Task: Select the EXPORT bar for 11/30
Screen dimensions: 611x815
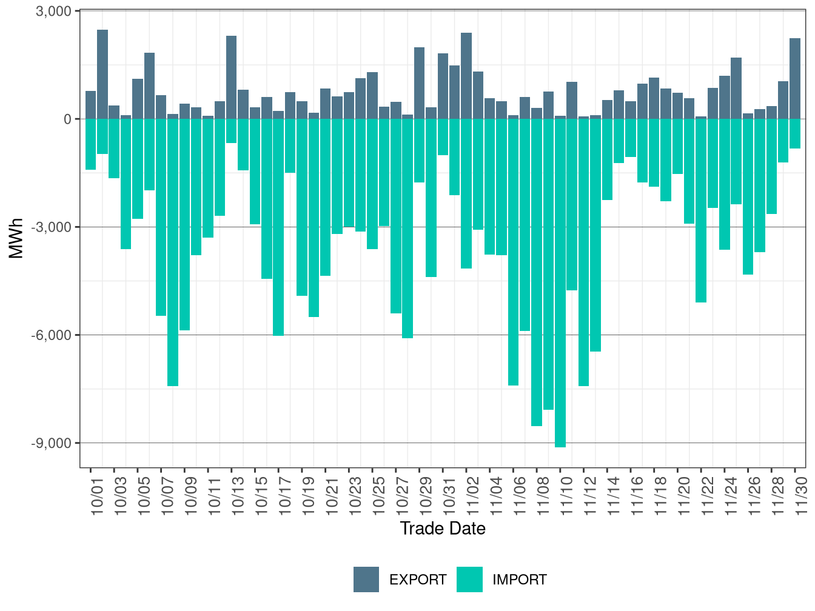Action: tap(795, 79)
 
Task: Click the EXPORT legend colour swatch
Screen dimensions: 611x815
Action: tap(366, 579)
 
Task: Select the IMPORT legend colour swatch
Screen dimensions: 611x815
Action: tap(469, 579)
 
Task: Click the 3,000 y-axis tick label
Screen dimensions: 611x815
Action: tap(55, 12)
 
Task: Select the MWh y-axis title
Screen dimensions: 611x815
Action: tap(16, 238)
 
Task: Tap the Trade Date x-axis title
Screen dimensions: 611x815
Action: tap(443, 529)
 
